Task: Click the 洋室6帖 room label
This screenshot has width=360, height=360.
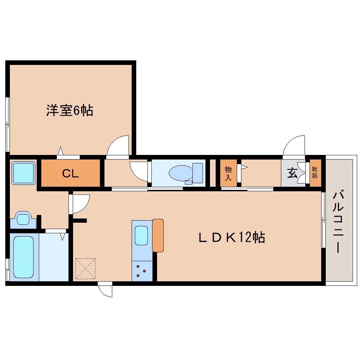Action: [70, 110]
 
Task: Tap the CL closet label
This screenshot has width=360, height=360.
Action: [71, 173]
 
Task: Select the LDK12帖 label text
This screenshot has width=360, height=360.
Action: [231, 238]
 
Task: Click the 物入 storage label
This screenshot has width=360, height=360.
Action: [228, 173]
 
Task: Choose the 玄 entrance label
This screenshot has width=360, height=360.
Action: [292, 173]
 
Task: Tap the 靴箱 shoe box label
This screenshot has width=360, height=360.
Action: [314, 173]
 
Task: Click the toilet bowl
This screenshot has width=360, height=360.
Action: [181, 173]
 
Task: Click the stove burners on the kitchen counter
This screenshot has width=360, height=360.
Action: [142, 271]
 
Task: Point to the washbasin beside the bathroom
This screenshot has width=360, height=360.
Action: [23, 219]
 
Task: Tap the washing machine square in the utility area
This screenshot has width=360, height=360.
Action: [24, 173]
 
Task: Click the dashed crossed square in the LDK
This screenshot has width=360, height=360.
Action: [85, 268]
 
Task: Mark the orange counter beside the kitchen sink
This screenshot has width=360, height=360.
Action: [158, 235]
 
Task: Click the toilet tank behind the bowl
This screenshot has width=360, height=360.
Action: [198, 172]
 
